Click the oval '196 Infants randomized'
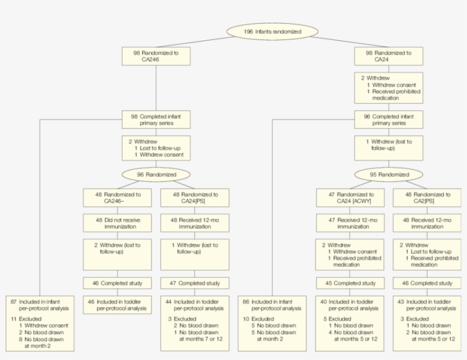pyautogui.click(x=272, y=31)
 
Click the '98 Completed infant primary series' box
pyautogui.click(x=155, y=119)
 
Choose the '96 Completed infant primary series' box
pyautogui.click(x=389, y=119)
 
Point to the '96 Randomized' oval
pyautogui.click(x=155, y=175)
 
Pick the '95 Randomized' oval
pyautogui.click(x=389, y=175)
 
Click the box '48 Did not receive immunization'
pyautogui.click(x=117, y=223)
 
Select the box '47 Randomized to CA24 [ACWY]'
pyautogui.click(x=350, y=198)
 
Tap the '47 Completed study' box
pyautogui.click(x=194, y=283)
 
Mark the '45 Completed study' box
pyautogui.click(x=350, y=283)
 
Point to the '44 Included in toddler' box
pyautogui.click(x=194, y=322)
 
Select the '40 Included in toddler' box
pyautogui.click(x=350, y=322)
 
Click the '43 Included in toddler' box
pyautogui.click(x=427, y=322)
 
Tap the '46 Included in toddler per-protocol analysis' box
pyautogui.click(x=117, y=304)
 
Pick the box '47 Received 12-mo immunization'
pyautogui.click(x=350, y=223)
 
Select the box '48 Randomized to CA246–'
pyautogui.click(x=117, y=198)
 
